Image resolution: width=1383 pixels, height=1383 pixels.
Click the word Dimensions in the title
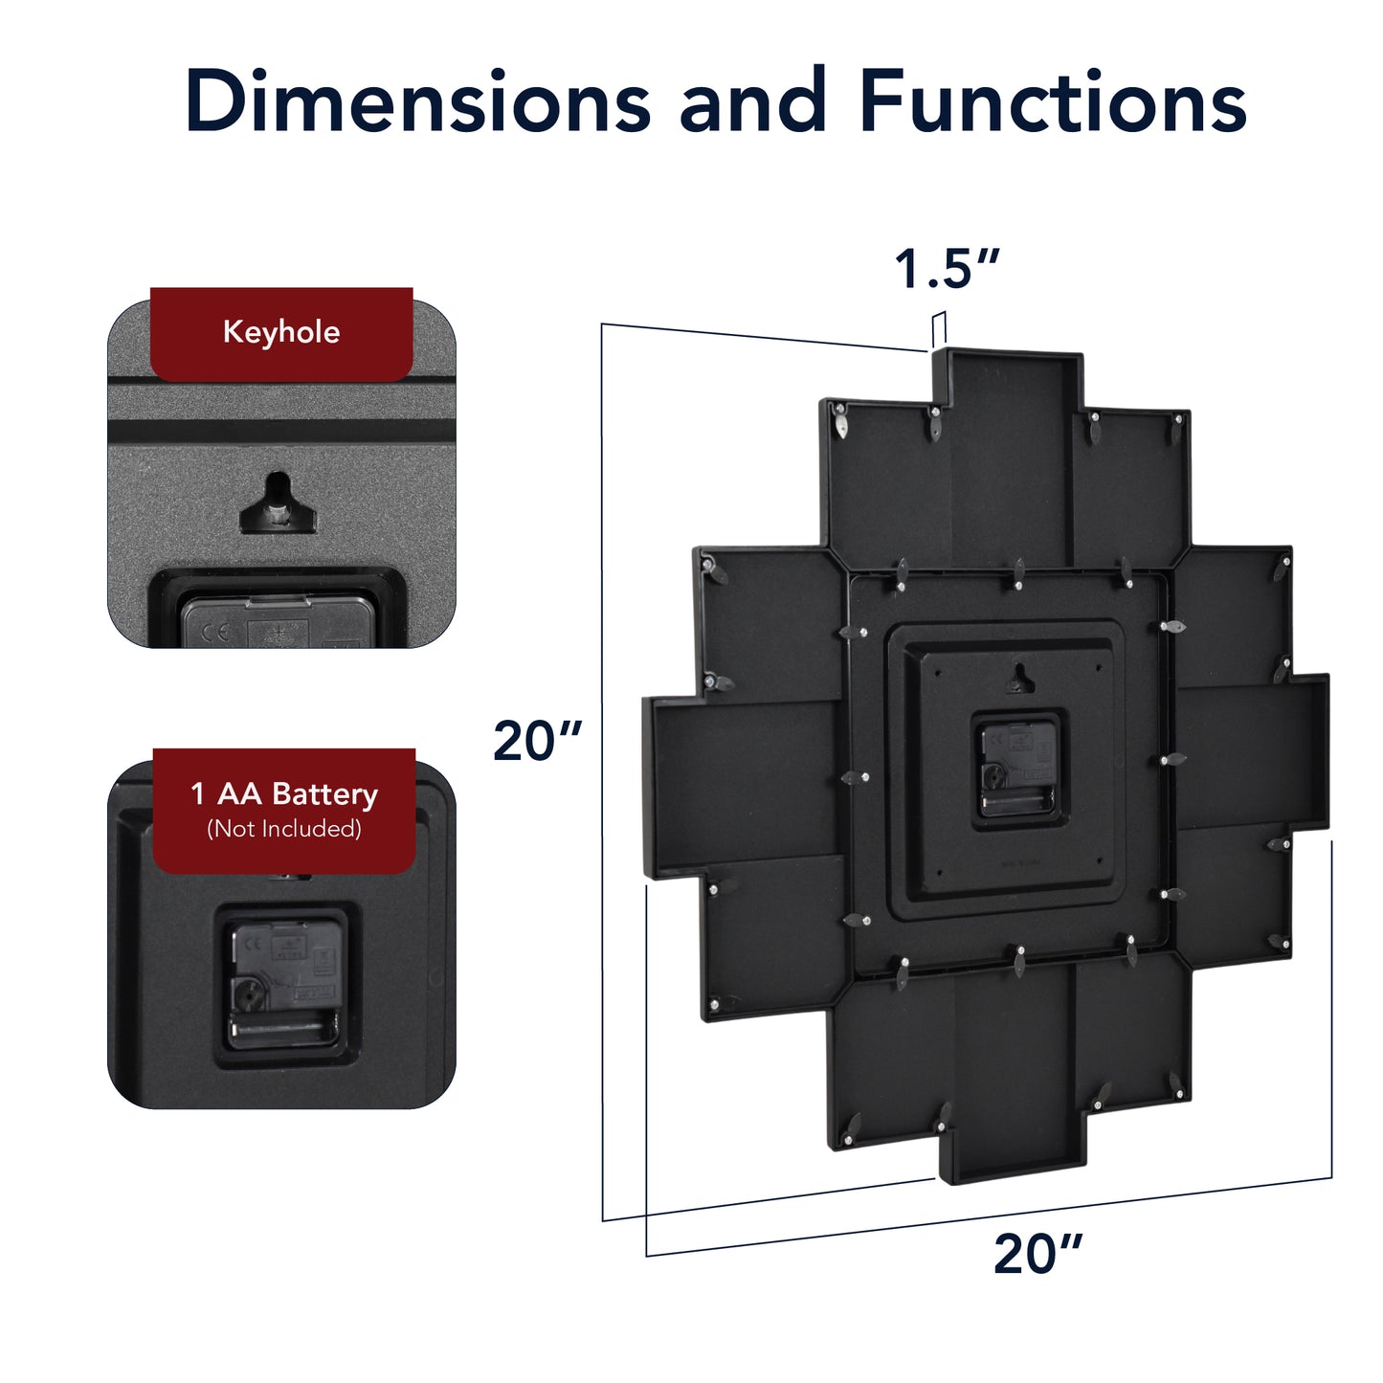coord(417,100)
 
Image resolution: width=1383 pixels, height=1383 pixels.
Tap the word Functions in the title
coord(1053,100)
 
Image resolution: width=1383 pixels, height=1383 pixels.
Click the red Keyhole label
coord(281,334)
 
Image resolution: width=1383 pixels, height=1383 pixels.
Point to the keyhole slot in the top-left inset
coord(278,503)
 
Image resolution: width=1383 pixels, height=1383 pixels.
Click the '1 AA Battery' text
coord(284,794)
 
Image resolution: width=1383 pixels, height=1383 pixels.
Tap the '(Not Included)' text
coord(284,829)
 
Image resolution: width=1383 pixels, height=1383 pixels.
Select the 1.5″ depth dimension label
coord(947,269)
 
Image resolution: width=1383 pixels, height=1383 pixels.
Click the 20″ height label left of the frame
coord(537,741)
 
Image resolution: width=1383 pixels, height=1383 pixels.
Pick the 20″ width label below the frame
coord(1037,1253)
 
